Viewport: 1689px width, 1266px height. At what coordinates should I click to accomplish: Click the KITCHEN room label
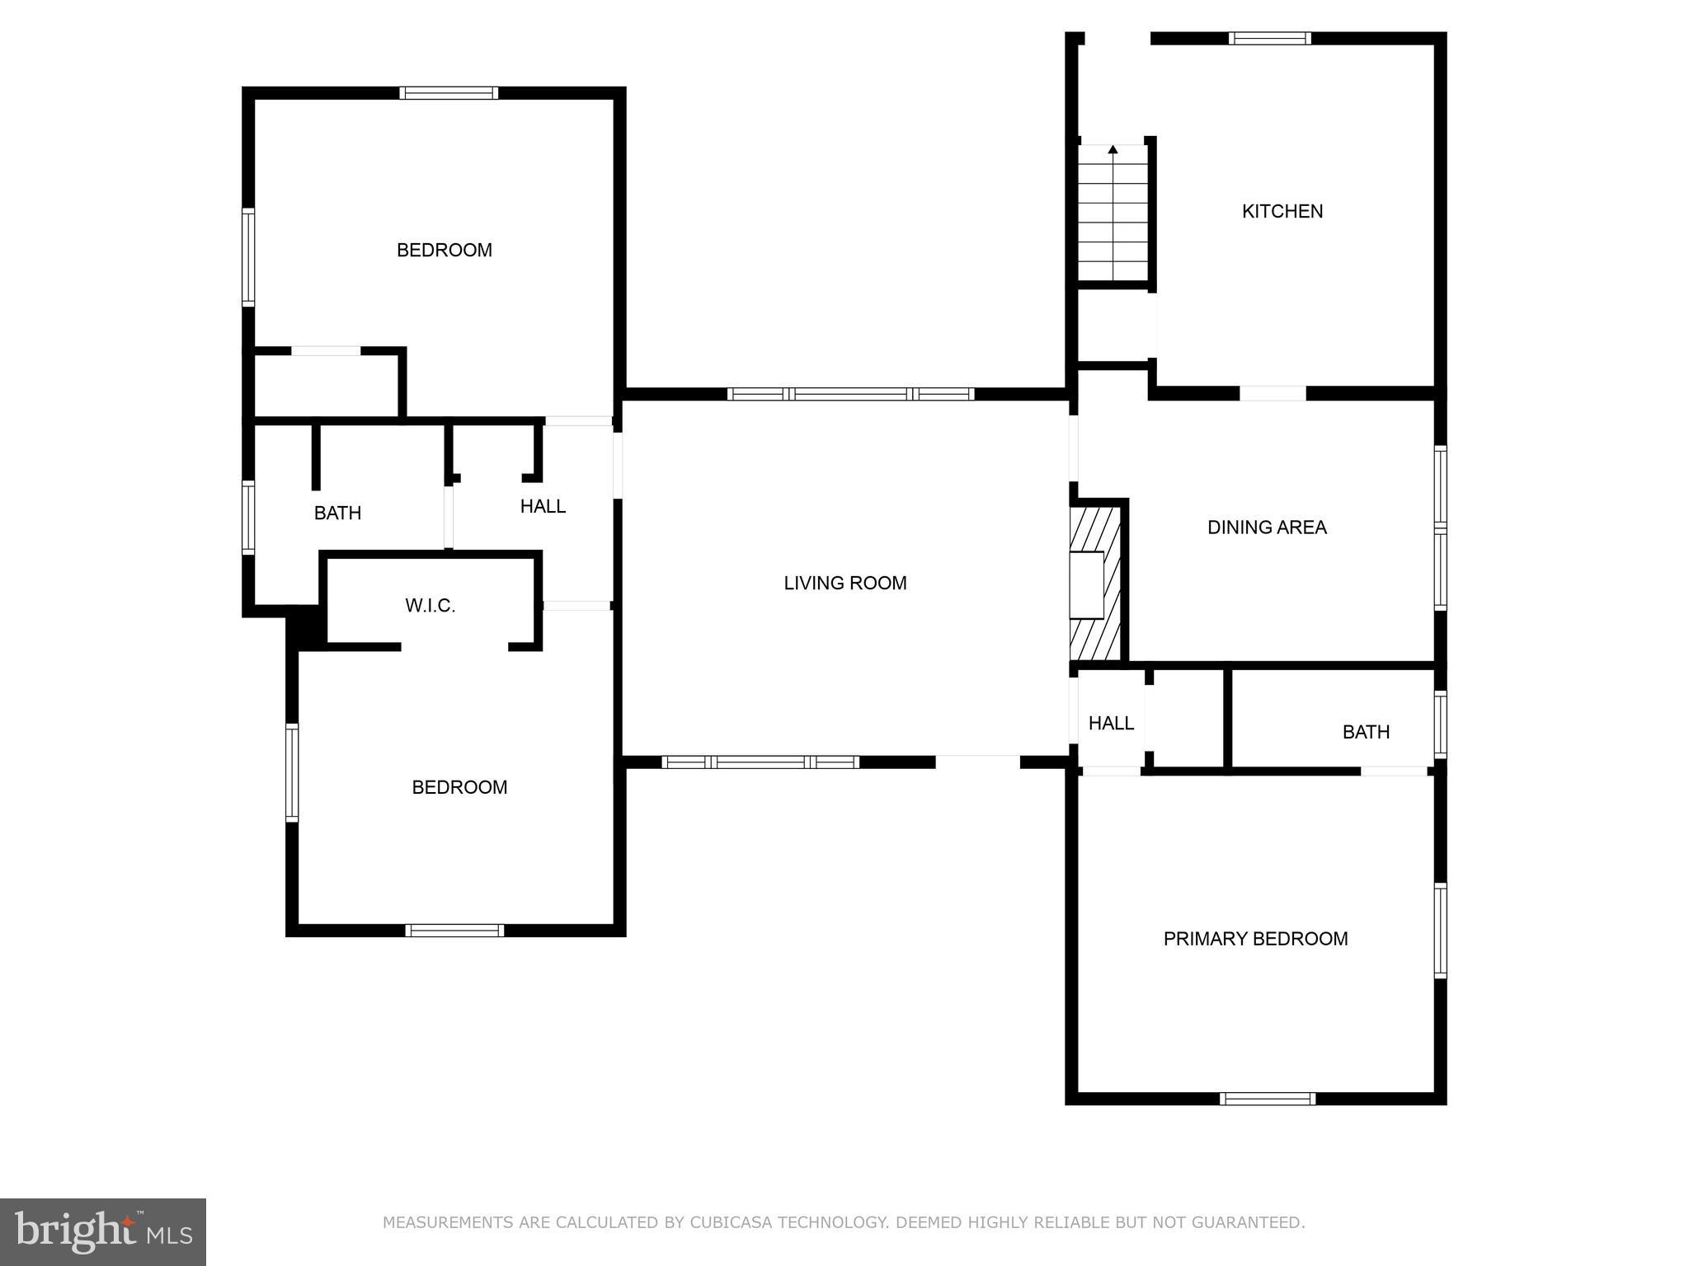pyautogui.click(x=1282, y=211)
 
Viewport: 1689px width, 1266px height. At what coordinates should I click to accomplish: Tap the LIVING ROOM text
pyautogui.click(x=844, y=583)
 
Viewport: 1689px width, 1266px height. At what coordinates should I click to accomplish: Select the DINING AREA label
pyautogui.click(x=1267, y=527)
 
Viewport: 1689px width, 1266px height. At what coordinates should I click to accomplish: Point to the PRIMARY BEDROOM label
pyautogui.click(x=1255, y=938)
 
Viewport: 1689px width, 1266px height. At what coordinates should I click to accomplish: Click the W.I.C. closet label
pyautogui.click(x=430, y=606)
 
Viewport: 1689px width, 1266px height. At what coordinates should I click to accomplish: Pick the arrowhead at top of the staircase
pyautogui.click(x=1113, y=149)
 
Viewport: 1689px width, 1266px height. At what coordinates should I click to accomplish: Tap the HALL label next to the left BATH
pyautogui.click(x=543, y=506)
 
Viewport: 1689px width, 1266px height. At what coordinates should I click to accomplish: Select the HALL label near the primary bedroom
pyautogui.click(x=1111, y=723)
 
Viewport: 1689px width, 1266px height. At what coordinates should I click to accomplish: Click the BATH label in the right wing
pyautogui.click(x=1366, y=732)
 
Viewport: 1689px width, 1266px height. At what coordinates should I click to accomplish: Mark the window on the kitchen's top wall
pyautogui.click(x=1269, y=38)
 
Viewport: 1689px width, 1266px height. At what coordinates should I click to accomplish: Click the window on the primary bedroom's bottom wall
pyautogui.click(x=1267, y=1098)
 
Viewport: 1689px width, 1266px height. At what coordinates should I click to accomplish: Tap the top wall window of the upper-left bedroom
pyautogui.click(x=449, y=93)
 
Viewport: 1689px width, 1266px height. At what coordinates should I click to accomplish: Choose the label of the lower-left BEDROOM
pyautogui.click(x=459, y=787)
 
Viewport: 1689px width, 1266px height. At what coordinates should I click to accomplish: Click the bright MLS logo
pyautogui.click(x=103, y=1232)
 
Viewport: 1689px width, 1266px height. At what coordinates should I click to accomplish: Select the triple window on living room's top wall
pyautogui.click(x=850, y=394)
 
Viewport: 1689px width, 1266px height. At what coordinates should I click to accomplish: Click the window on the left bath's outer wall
pyautogui.click(x=247, y=517)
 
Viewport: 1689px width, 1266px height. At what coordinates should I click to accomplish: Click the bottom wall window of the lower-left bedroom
pyautogui.click(x=454, y=931)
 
